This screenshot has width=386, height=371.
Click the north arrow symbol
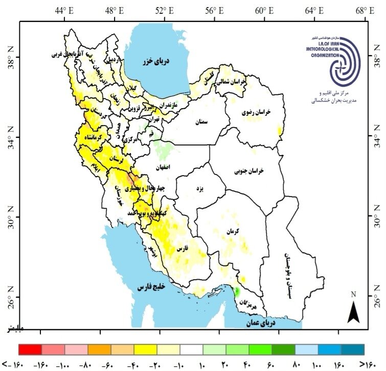(353, 309)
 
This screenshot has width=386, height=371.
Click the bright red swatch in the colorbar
(30, 349)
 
